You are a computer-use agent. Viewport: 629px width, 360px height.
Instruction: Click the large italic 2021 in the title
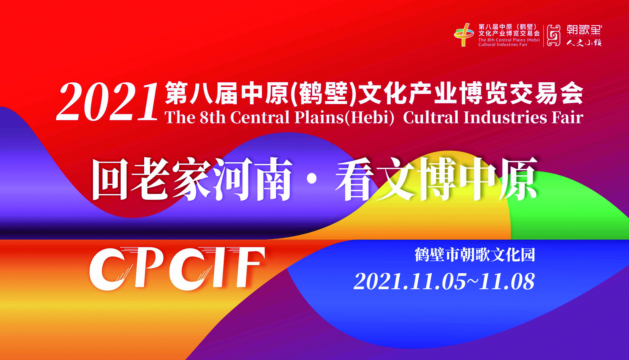pos(107,102)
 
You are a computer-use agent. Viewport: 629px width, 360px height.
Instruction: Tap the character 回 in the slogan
pos(110,179)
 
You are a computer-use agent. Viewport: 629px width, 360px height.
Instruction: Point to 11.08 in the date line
pos(507,281)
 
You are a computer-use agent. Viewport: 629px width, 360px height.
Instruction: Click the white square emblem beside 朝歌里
pos(554,36)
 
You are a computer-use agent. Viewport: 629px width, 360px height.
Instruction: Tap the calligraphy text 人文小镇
pos(584,43)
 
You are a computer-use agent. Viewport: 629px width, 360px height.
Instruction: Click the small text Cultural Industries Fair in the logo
pos(503,45)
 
